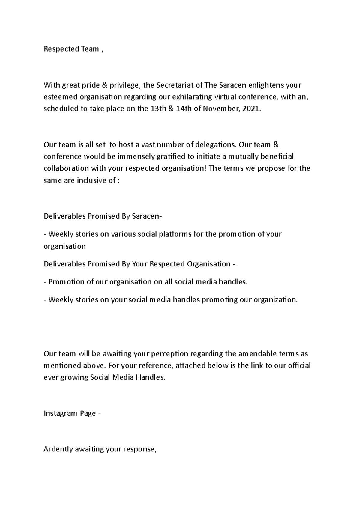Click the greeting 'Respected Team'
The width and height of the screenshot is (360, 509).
[71, 49]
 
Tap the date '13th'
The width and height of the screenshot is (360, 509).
[157, 109]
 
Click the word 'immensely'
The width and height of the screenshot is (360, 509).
[136, 156]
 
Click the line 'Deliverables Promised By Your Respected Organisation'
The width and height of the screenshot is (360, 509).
[137, 264]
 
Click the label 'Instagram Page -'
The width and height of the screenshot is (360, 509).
[72, 413]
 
